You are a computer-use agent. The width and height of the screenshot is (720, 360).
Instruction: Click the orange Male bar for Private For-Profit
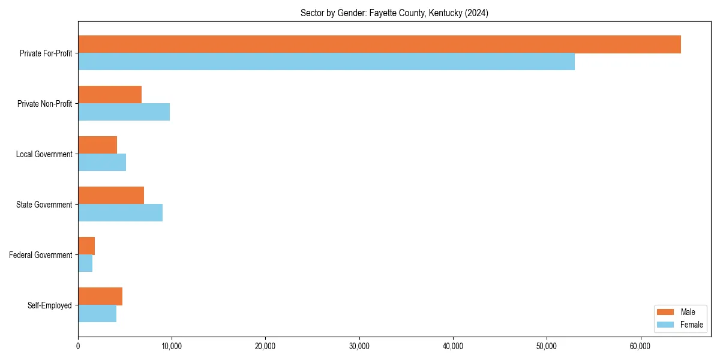click(379, 44)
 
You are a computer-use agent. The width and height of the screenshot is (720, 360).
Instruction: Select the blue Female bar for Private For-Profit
click(326, 62)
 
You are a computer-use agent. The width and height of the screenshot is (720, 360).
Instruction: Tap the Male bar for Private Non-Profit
click(110, 95)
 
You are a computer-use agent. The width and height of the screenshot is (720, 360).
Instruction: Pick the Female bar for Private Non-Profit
click(124, 112)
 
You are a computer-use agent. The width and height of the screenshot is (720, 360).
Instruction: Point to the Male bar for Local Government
click(97, 145)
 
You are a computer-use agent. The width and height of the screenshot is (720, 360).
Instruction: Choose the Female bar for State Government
click(120, 213)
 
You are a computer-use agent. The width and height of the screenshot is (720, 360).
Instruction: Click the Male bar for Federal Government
click(86, 246)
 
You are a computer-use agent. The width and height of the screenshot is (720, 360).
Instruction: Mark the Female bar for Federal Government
click(85, 263)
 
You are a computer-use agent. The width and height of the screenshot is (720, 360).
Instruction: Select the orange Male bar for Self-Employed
click(100, 296)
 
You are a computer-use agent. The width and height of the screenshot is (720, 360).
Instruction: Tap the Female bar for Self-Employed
click(97, 314)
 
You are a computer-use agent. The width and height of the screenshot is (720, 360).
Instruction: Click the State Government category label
click(44, 205)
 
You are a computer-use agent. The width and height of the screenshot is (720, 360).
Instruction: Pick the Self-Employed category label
click(49, 305)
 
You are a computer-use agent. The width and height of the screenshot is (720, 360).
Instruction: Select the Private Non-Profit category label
click(44, 104)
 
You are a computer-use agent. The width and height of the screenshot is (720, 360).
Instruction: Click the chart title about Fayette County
click(394, 13)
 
